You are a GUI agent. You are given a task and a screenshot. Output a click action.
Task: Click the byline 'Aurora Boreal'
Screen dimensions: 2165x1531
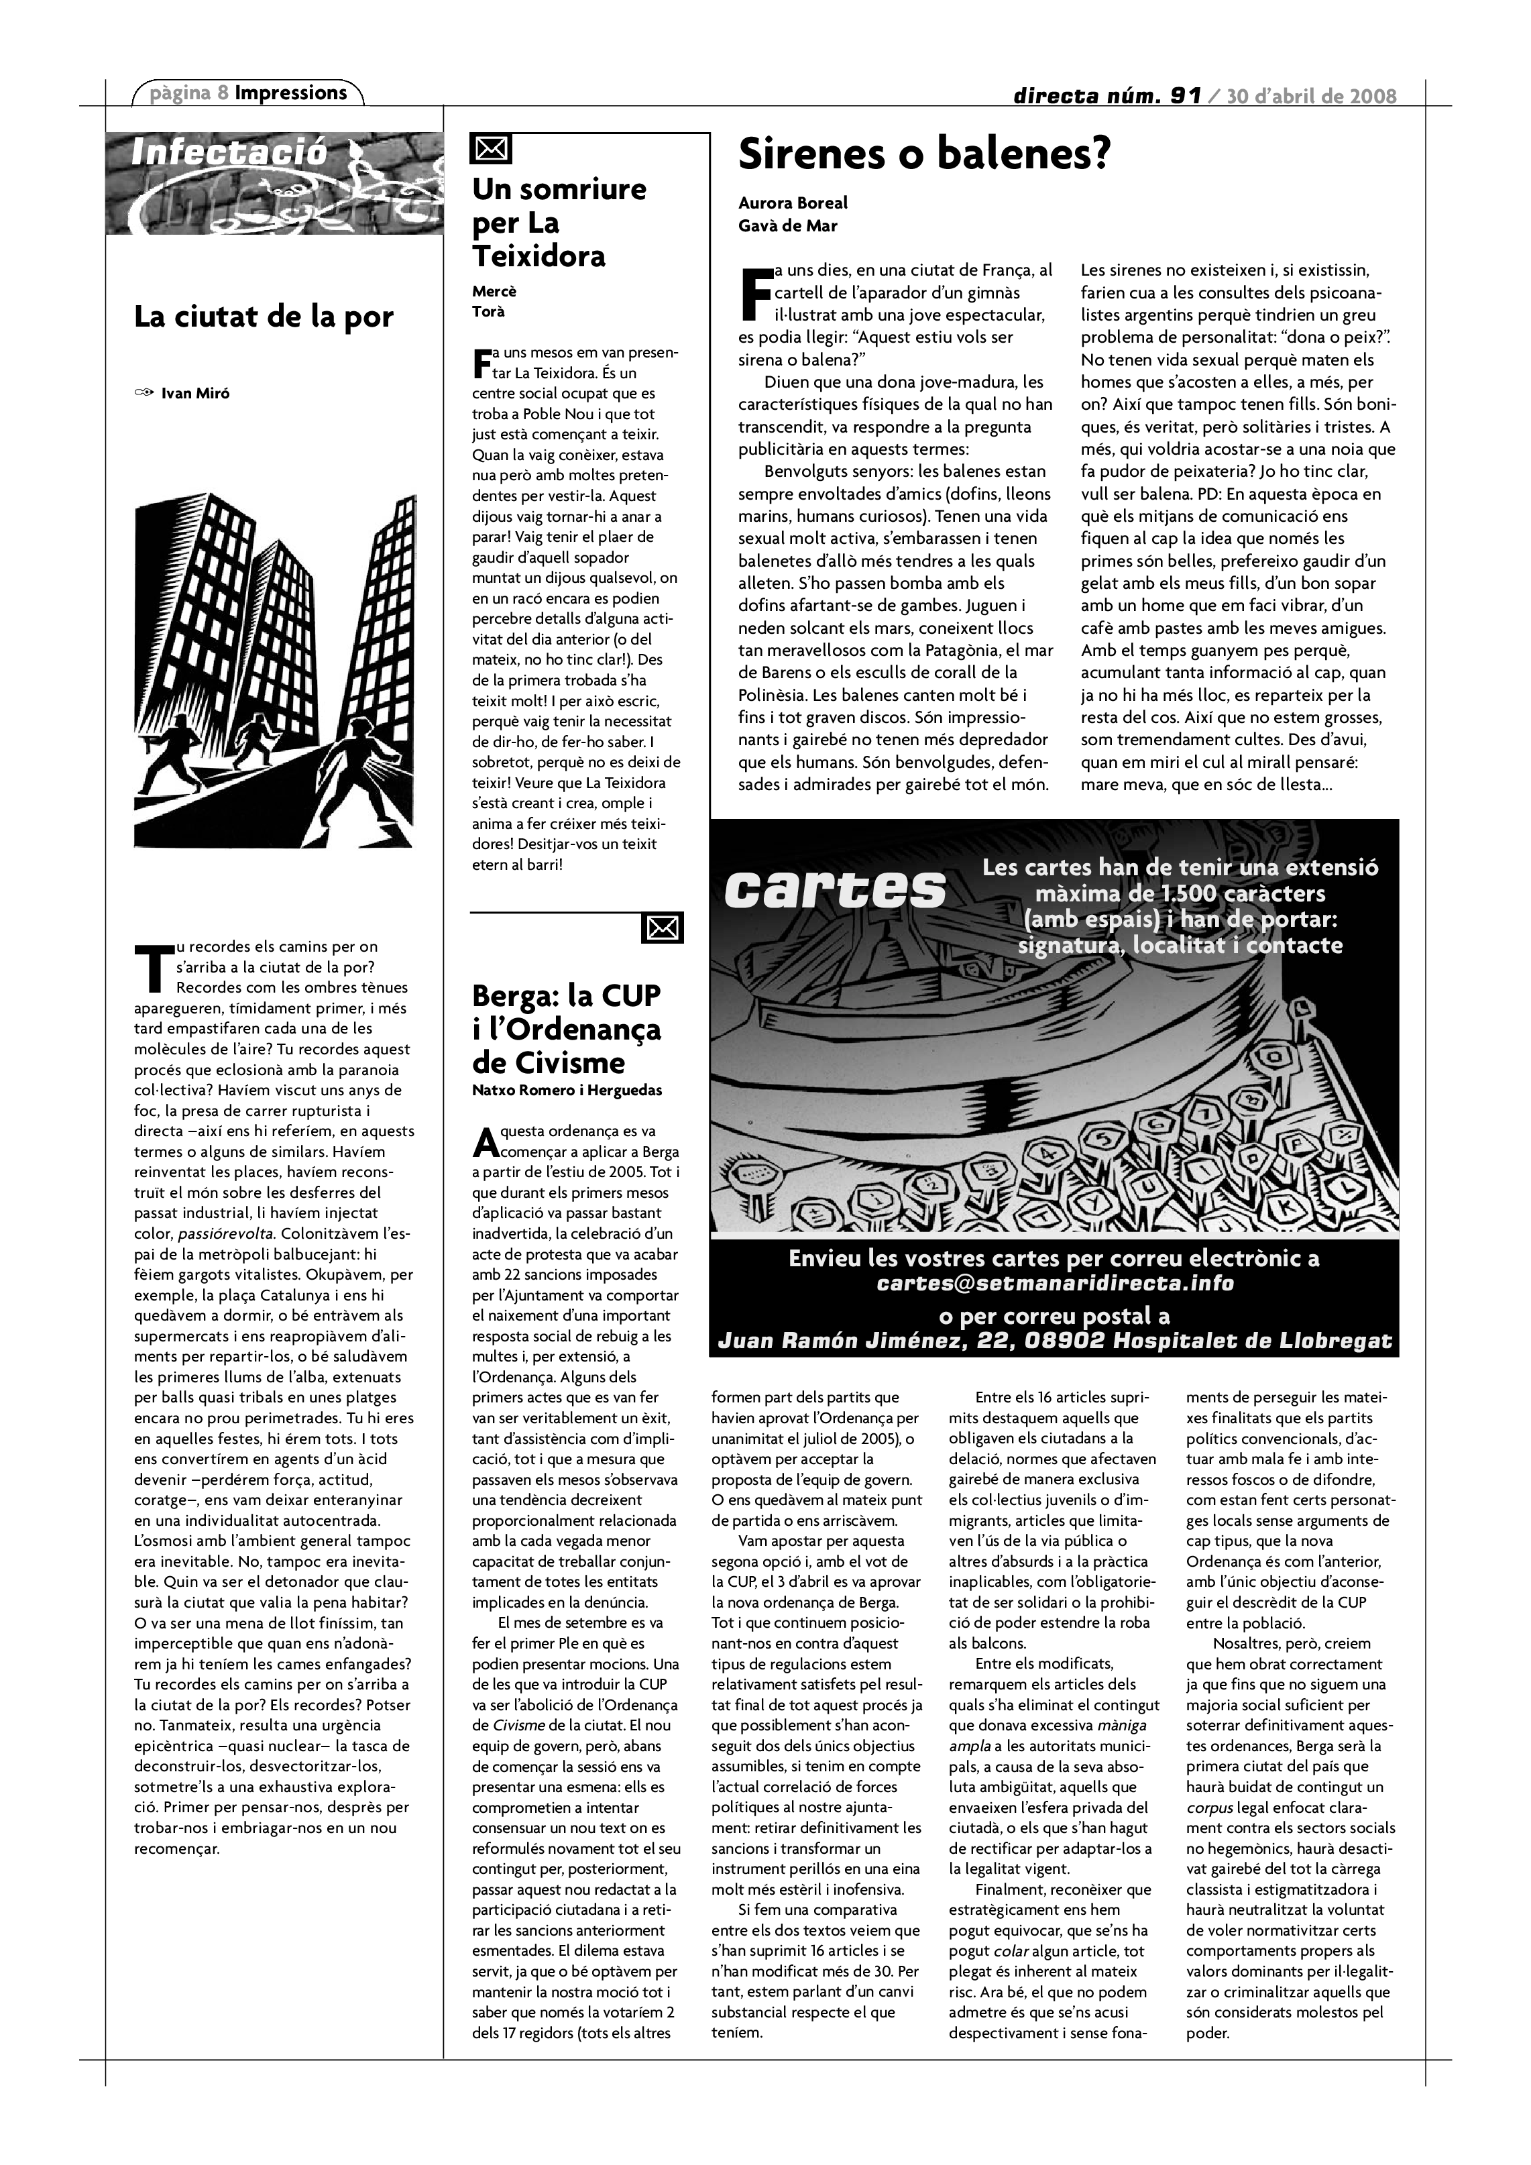click(x=793, y=203)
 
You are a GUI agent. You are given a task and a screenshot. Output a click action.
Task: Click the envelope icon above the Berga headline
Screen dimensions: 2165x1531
click(x=662, y=929)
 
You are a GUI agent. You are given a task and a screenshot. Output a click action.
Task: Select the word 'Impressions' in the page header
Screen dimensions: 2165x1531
click(x=290, y=93)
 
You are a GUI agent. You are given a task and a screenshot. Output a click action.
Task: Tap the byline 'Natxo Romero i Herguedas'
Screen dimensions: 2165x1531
click(x=567, y=1091)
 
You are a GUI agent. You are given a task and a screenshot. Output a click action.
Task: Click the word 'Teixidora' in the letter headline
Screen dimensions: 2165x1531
click(x=539, y=256)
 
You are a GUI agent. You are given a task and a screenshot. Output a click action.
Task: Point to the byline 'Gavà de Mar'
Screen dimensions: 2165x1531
click(x=788, y=226)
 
